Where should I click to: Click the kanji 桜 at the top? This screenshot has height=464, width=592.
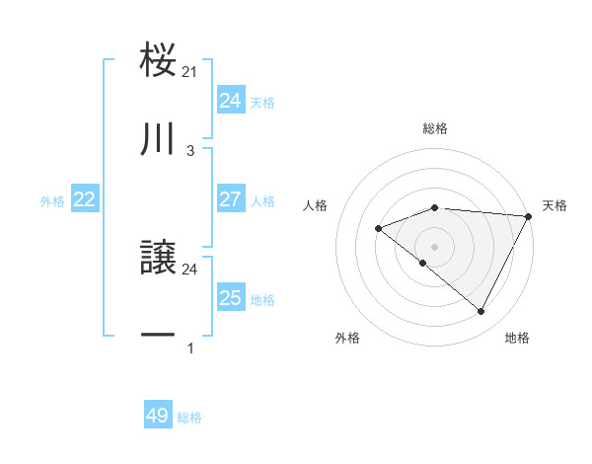tap(158, 60)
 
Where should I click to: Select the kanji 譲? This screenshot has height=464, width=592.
tap(158, 259)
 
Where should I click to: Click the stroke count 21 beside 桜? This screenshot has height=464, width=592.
tap(190, 71)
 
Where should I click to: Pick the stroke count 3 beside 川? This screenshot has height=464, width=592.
tap(190, 151)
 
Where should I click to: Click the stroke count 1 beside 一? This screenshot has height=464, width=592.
tap(190, 348)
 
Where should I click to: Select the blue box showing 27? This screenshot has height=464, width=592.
tap(230, 199)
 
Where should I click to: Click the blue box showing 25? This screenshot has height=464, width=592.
tap(230, 298)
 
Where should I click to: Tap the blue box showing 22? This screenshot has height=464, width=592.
tap(84, 199)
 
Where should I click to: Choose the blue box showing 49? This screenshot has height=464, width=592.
tap(157, 417)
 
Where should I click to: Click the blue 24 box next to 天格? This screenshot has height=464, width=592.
tap(230, 101)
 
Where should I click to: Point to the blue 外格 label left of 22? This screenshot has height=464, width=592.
tap(52, 200)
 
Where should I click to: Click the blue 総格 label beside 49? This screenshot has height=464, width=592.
tap(189, 418)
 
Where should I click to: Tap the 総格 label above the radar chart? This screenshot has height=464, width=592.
tap(435, 128)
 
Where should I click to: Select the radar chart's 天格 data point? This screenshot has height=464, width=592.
tap(529, 216)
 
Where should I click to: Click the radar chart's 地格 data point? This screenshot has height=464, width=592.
tap(481, 311)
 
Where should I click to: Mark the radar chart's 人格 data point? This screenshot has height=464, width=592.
tap(378, 228)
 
